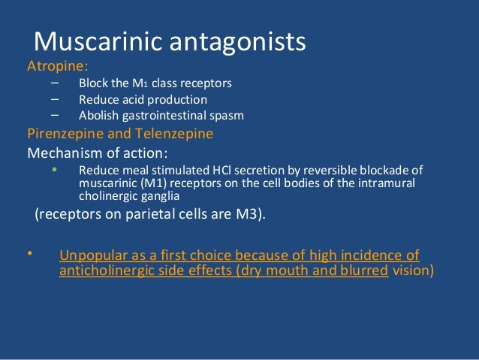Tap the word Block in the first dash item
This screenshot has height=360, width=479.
(93, 83)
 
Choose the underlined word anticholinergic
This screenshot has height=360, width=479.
(104, 271)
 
